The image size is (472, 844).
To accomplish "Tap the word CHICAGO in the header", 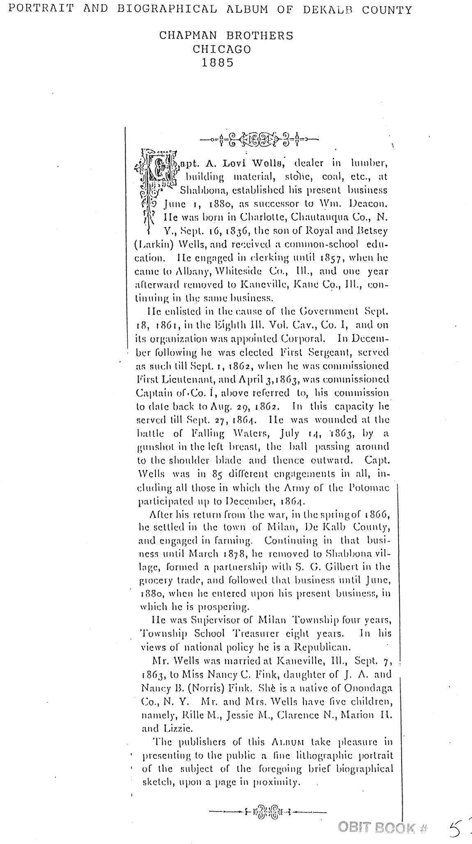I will pyautogui.click(x=222, y=49).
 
